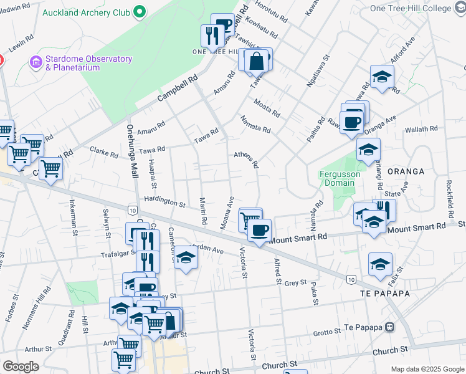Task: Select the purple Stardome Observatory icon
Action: point(35,63)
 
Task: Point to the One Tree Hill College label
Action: point(419,9)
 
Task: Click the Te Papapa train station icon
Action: point(390,327)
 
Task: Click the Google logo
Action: point(21,367)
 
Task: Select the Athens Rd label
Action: point(246,160)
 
